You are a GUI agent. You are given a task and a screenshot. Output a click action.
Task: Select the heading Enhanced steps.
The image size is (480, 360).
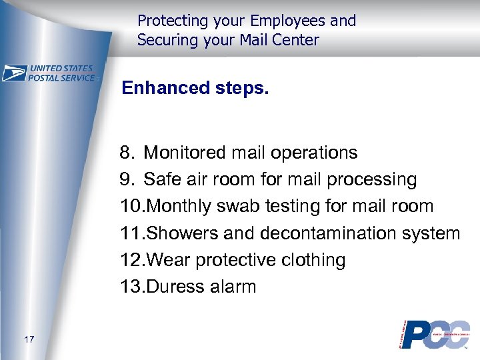pyautogui.click(x=195, y=89)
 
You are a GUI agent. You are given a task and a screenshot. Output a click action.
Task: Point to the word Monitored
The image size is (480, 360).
pyautogui.click(x=185, y=153)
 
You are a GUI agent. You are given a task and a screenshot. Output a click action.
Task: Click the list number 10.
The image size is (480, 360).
pyautogui.click(x=131, y=207)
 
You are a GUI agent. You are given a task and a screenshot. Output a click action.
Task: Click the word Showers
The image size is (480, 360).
pyautogui.click(x=179, y=233)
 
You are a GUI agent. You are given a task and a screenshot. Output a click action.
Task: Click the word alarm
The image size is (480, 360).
pyautogui.click(x=233, y=287)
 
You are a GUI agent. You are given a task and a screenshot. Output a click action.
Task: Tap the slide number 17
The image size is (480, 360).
pyautogui.click(x=28, y=340)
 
